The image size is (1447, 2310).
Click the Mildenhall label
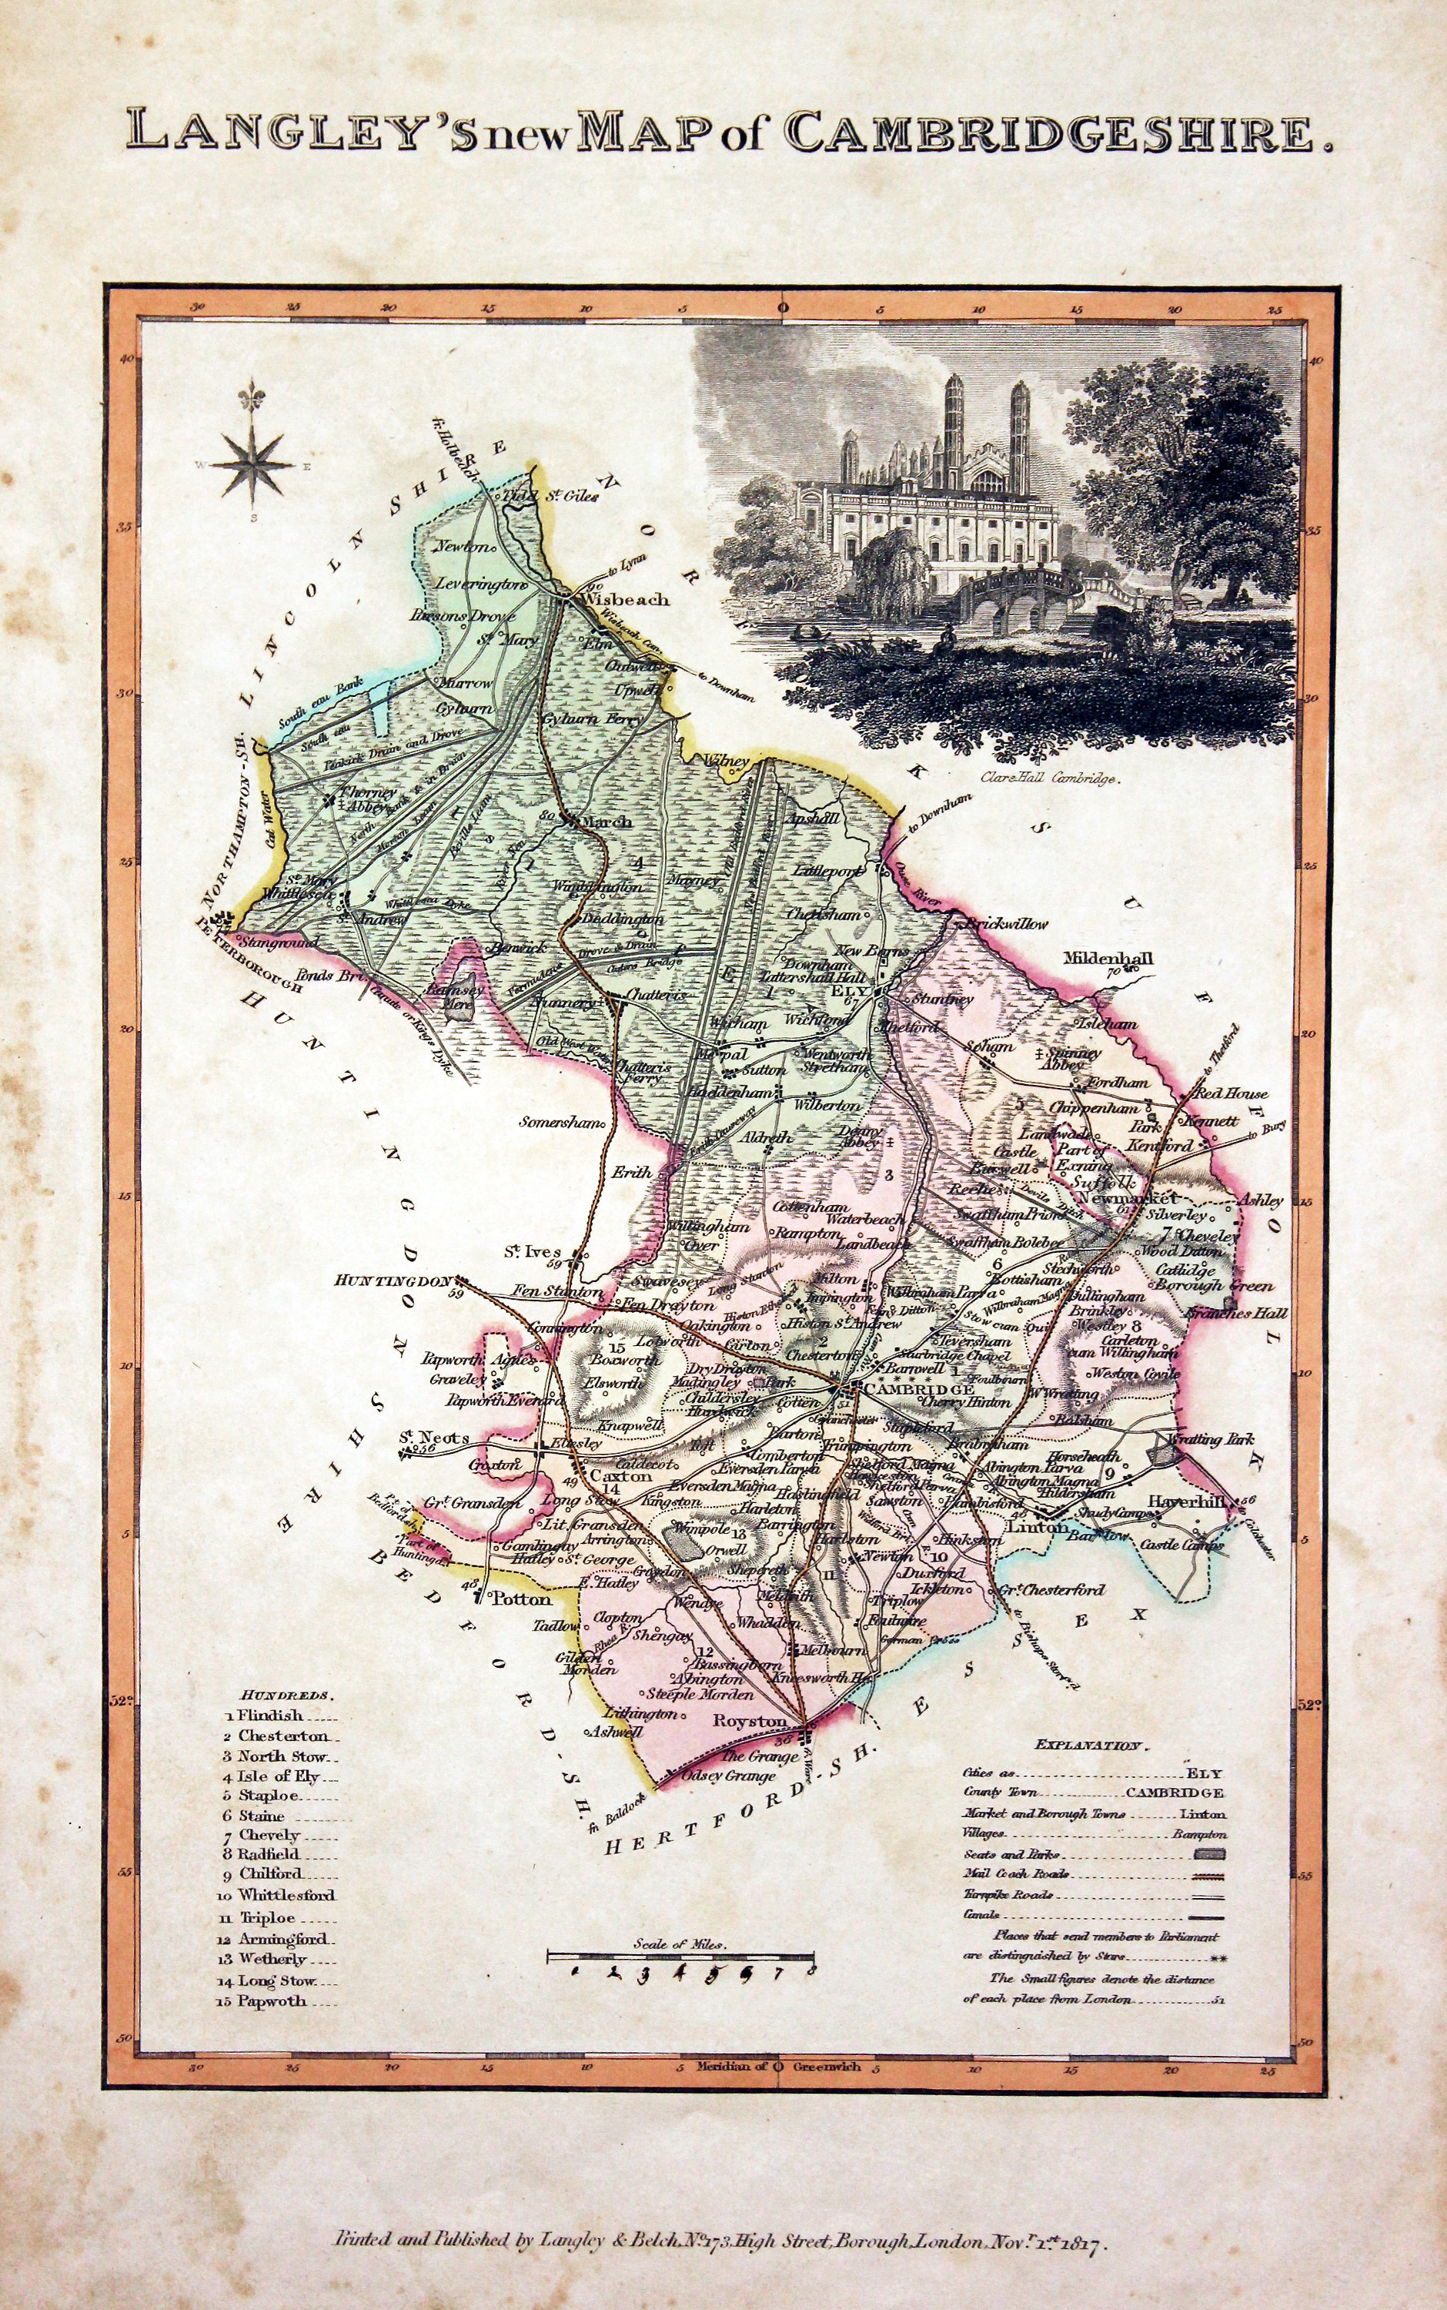coord(1108,959)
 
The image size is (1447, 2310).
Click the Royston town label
coord(750,1721)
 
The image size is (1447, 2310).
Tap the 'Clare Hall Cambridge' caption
coord(1049,780)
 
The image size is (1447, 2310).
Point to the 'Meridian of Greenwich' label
coord(778,2066)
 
